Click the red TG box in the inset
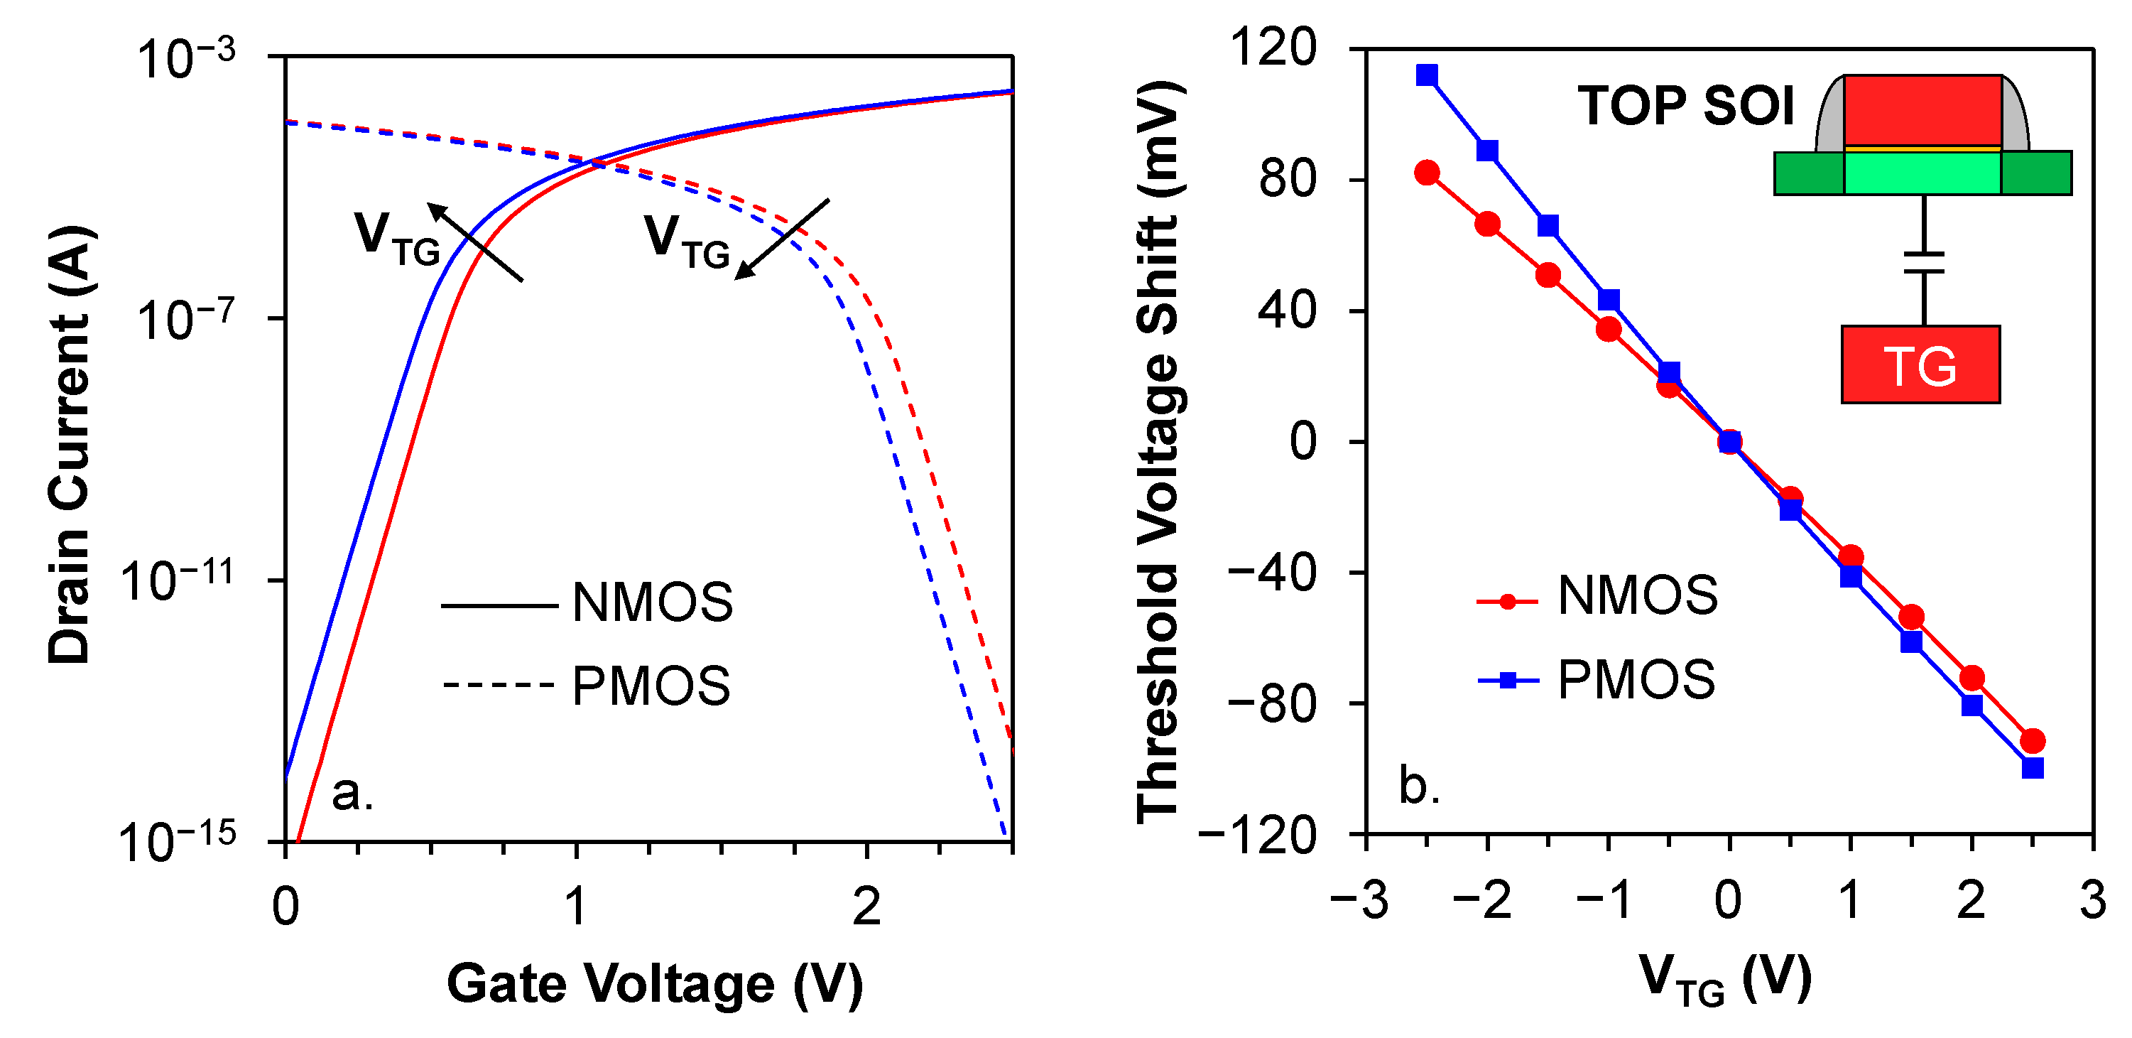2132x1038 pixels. click(x=1920, y=364)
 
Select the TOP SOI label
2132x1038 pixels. click(x=1685, y=106)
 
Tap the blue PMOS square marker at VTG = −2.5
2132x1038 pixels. click(x=1426, y=75)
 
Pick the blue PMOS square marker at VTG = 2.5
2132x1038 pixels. click(x=2032, y=768)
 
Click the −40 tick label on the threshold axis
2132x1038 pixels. click(x=1271, y=572)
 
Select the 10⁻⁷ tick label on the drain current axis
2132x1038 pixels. click(x=185, y=319)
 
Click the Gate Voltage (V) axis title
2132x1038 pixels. click(x=654, y=984)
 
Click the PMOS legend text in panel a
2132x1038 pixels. click(x=651, y=686)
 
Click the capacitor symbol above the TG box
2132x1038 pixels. click(x=1923, y=262)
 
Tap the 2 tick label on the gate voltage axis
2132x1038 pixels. click(x=866, y=907)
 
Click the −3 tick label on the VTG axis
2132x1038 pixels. click(x=1359, y=899)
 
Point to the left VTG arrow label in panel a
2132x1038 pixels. click(x=396, y=239)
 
